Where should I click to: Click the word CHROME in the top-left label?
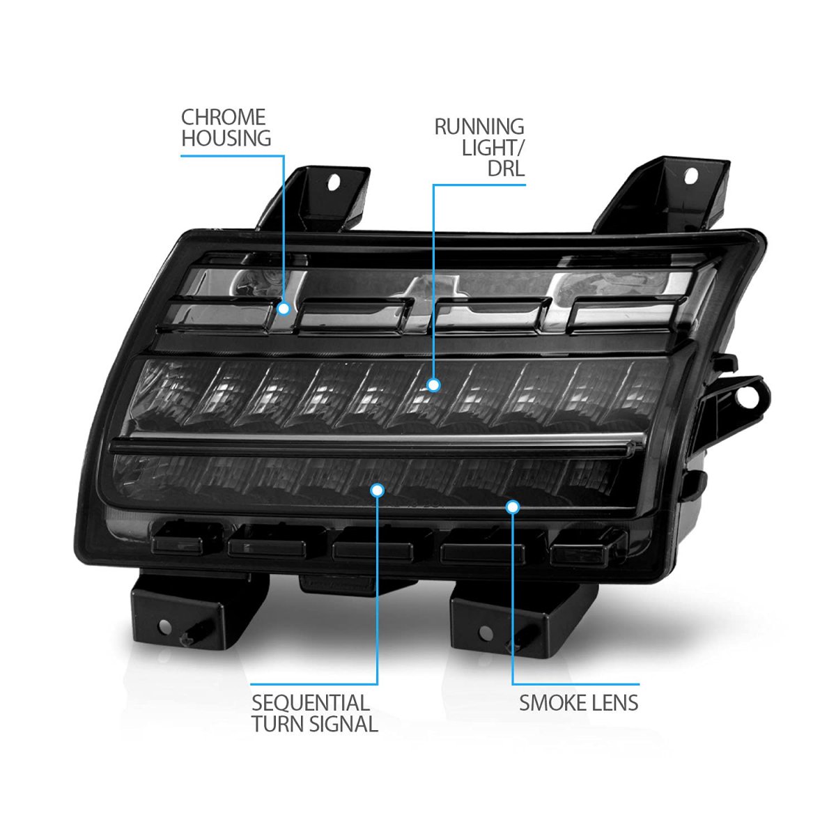click(x=223, y=117)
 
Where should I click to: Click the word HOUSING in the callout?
click(x=226, y=139)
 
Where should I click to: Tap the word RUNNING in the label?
click(x=479, y=127)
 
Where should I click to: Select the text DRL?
click(x=506, y=169)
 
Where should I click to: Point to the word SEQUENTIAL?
click(x=311, y=702)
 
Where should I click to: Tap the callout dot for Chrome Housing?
click(x=284, y=309)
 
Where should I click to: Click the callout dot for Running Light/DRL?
click(x=433, y=385)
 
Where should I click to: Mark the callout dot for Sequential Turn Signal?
click(x=378, y=490)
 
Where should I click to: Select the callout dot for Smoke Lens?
click(x=513, y=506)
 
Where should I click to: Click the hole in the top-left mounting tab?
click(x=334, y=183)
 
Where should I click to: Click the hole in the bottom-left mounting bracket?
click(x=164, y=626)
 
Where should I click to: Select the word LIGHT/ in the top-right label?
click(x=493, y=148)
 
